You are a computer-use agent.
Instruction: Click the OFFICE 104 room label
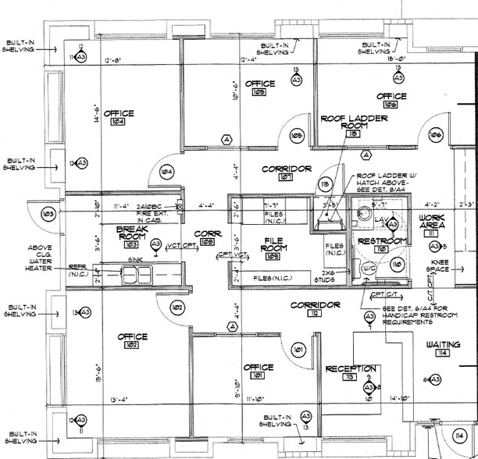(118, 114)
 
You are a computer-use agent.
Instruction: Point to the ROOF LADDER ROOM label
(349, 123)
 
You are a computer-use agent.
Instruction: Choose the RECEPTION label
(351, 368)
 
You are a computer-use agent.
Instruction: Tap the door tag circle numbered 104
(166, 171)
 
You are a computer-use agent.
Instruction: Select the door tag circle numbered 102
(177, 308)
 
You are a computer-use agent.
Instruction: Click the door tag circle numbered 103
(48, 212)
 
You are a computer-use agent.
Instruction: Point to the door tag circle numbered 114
(461, 435)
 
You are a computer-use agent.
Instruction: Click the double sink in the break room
(136, 275)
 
